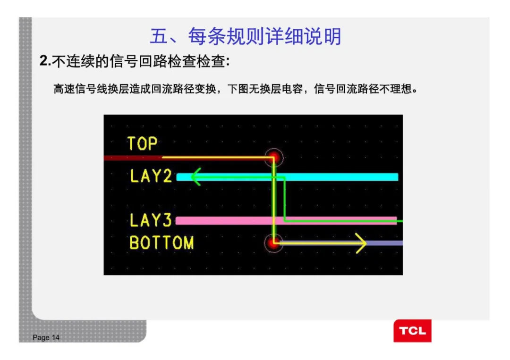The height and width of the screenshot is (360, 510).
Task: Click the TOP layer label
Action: [x=143, y=143]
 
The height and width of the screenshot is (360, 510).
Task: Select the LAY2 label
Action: [x=151, y=176]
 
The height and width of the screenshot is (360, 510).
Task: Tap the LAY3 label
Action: [x=151, y=220]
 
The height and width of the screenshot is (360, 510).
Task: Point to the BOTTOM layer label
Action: [x=161, y=243]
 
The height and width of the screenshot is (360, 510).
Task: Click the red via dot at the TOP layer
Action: [x=274, y=158]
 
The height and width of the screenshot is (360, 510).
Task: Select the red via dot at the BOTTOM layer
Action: [x=273, y=243]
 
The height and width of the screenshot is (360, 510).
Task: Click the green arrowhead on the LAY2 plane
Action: [x=196, y=177]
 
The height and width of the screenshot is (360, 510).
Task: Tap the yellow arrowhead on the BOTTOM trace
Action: [x=361, y=243]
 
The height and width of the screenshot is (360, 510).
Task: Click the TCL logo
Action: [x=412, y=331]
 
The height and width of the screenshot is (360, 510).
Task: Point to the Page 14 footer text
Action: [x=46, y=337]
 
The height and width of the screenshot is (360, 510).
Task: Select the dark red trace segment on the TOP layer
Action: [x=133, y=158]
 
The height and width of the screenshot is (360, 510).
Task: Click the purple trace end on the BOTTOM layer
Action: [x=384, y=243]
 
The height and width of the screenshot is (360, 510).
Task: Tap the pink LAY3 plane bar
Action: [x=286, y=221]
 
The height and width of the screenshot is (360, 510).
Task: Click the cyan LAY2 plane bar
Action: [x=287, y=177]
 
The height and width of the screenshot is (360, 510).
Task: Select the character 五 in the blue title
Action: [x=159, y=36]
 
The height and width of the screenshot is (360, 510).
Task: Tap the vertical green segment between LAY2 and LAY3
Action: [x=285, y=199]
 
